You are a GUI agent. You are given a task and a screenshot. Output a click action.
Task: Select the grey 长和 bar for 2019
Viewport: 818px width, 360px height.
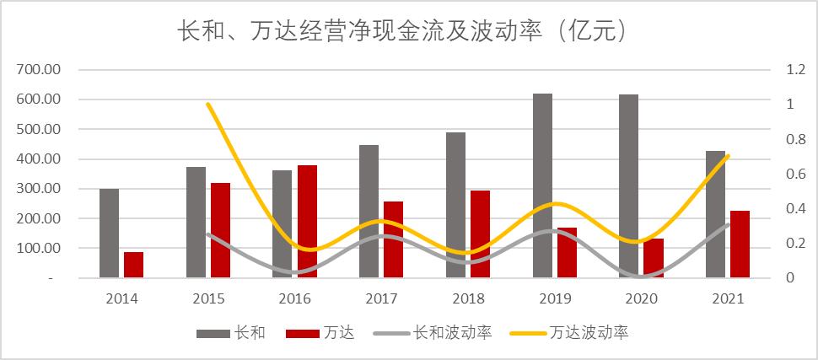(542, 185)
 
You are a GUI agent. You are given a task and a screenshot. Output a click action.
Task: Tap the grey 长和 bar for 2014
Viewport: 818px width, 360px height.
(110, 233)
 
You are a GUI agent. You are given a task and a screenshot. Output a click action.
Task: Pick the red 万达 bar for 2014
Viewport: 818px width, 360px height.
(133, 265)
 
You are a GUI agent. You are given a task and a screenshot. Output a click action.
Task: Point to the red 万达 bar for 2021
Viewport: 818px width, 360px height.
(740, 244)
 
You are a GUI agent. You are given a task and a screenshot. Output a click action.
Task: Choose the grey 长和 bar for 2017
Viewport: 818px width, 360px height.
(369, 211)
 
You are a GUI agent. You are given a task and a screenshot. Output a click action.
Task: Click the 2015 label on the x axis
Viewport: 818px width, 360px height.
(208, 298)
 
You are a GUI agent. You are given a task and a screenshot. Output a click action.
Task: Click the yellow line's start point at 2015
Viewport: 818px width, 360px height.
(208, 104)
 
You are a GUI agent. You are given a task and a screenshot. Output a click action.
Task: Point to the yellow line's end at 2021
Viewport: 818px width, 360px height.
(727, 156)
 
